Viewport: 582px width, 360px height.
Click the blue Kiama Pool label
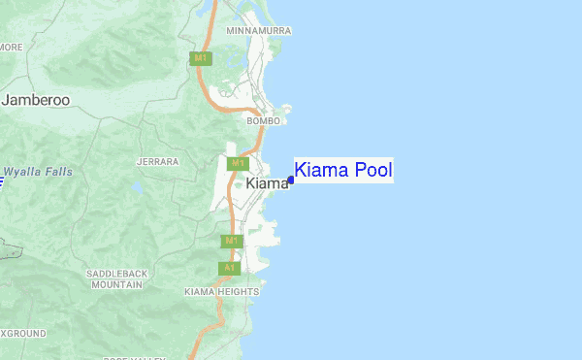coord(342,171)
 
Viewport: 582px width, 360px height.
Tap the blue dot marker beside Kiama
coord(291,180)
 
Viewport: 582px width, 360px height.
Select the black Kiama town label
coord(267,183)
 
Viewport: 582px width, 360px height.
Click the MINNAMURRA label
coord(258,31)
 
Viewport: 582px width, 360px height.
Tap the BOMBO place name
coord(263,121)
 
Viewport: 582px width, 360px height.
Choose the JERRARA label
coord(158,161)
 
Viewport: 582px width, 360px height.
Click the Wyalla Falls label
coord(38,172)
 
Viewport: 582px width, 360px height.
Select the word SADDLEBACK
coord(117,275)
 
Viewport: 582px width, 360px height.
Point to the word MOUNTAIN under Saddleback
coord(117,285)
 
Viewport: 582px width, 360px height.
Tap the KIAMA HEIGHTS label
coord(221,291)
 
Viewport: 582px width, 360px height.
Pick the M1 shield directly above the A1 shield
coord(230,241)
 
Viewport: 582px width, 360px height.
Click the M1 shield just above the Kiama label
coord(238,164)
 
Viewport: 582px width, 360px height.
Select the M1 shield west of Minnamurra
coord(201,59)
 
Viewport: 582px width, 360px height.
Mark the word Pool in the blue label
coord(373,171)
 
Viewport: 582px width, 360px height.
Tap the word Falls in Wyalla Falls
coord(56,172)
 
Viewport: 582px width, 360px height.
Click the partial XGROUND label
coord(22,333)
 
